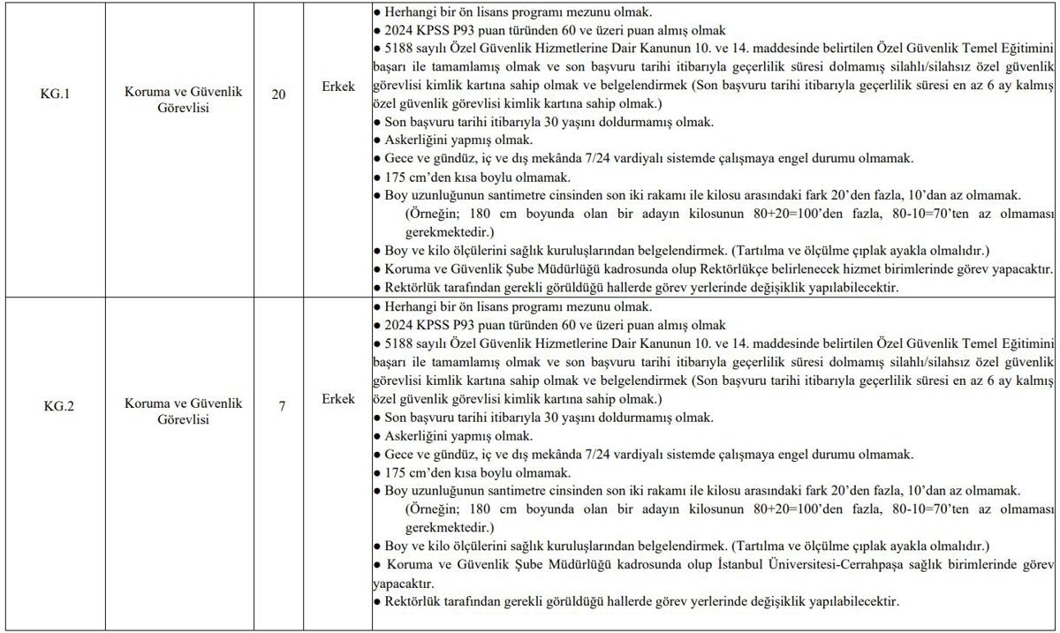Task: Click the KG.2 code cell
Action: pyautogui.click(x=56, y=406)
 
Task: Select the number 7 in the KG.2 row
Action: pyautogui.click(x=282, y=406)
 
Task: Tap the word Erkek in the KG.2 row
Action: pyautogui.click(x=338, y=399)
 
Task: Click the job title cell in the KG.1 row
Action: pyautogui.click(x=183, y=124)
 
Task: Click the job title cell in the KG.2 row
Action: pyautogui.click(x=183, y=411)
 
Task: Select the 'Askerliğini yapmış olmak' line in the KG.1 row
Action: pyautogui.click(x=458, y=139)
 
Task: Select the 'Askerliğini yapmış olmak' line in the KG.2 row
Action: pyautogui.click(x=458, y=435)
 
